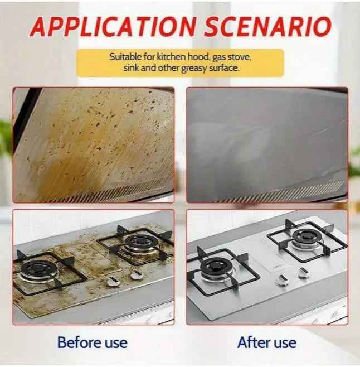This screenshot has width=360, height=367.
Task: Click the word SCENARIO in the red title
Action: (x=268, y=26)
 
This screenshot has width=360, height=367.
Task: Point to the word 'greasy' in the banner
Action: (x=194, y=69)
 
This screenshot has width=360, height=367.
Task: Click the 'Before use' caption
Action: (x=93, y=342)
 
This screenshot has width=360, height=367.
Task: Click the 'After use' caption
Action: (x=267, y=342)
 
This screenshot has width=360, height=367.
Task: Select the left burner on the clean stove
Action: (x=216, y=268)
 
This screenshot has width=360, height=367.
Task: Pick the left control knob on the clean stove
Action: (x=281, y=279)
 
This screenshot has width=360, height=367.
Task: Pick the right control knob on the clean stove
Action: (x=303, y=272)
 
